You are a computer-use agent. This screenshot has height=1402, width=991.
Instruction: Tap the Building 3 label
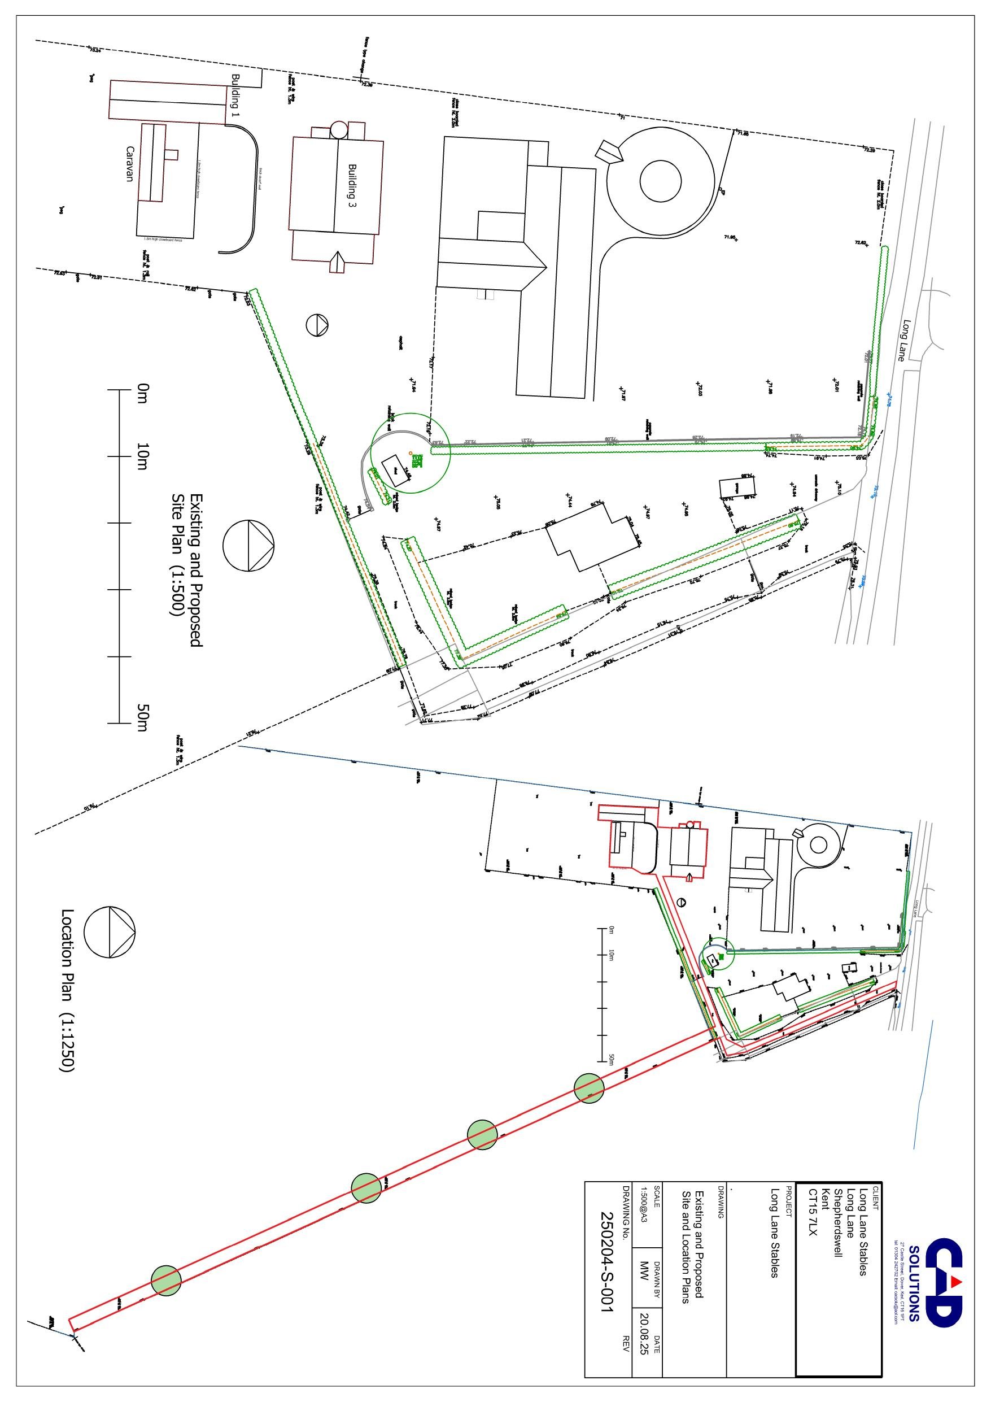[352, 185]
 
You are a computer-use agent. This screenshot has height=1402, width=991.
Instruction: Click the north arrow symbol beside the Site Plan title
[248, 545]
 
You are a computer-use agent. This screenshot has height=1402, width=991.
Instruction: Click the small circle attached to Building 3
[338, 129]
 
